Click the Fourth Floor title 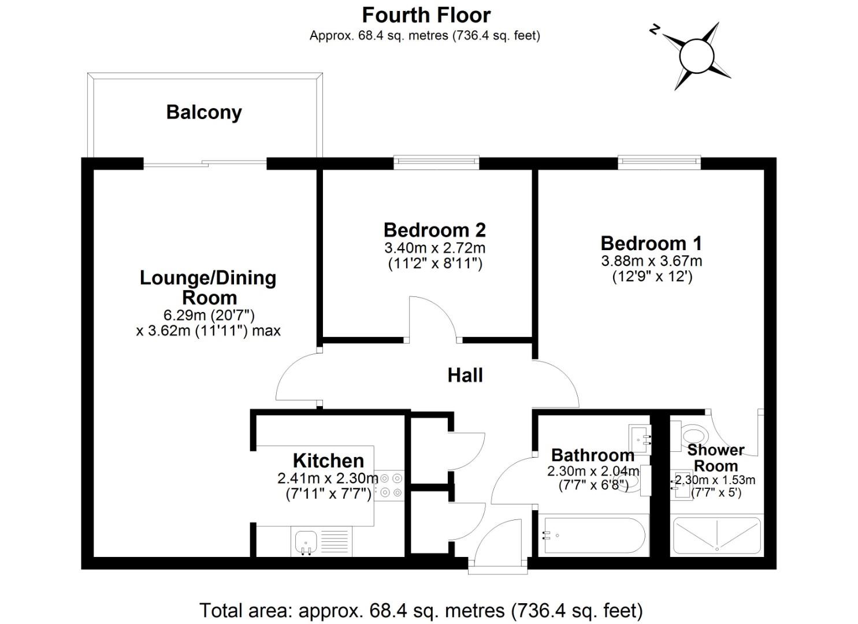pos(426,14)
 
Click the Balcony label pos(204,112)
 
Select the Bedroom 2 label pos(434,230)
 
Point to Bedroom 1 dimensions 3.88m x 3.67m pos(651,261)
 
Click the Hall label pos(465,376)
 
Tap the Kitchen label pos(328,460)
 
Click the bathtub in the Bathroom pos(593,536)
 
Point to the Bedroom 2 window pos(436,162)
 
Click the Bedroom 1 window pos(659,162)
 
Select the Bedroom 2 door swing pos(433,318)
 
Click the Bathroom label pos(592,455)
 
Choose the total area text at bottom pos(421,610)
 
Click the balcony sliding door pos(205,164)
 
